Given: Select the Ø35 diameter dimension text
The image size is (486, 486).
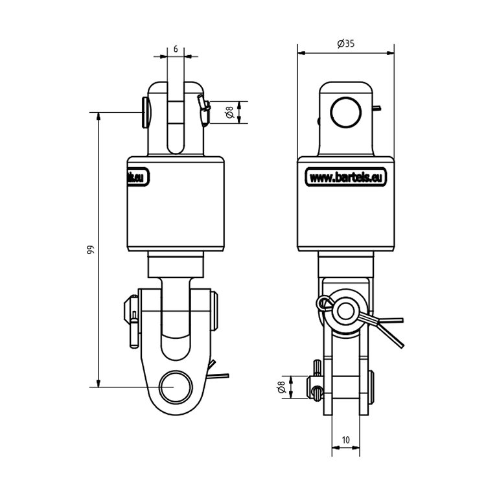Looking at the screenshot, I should [346, 44].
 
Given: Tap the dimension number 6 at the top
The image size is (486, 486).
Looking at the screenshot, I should [175, 49].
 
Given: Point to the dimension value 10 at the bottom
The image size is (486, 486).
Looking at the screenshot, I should [345, 440].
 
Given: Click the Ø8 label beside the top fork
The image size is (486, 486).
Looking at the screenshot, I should [229, 112].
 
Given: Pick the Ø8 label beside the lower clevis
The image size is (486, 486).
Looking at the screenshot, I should [281, 388].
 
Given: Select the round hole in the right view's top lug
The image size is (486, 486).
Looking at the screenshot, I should [345, 112].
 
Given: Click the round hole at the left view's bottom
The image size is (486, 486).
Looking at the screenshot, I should [175, 388].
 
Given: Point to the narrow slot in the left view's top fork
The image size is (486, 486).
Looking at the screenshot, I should [175, 120].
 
